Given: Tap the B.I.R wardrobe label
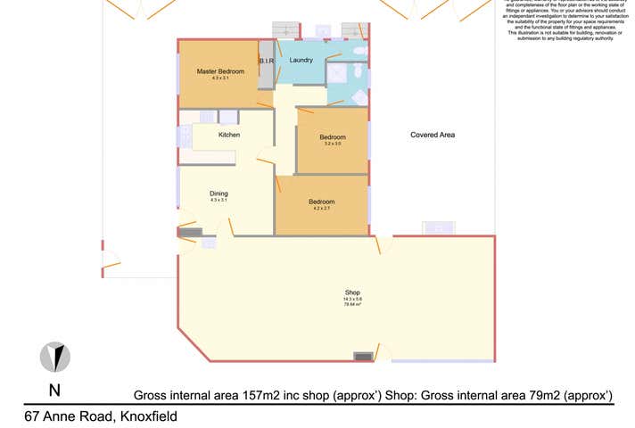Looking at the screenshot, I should [x=266, y=61].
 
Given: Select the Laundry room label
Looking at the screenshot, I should [x=301, y=60].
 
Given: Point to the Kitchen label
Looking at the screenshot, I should [x=229, y=135].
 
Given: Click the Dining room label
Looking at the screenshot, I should [x=219, y=193].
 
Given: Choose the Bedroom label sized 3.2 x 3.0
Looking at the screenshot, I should [x=333, y=136].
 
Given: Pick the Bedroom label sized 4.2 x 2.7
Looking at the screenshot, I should [x=322, y=202].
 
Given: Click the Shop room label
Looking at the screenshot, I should [x=351, y=292].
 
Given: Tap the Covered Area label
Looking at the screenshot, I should [x=433, y=135].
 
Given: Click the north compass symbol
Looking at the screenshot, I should [x=55, y=358].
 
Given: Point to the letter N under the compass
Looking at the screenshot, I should [x=54, y=390].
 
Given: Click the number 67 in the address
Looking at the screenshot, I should [x=33, y=416].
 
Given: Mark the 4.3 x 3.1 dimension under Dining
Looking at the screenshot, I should [x=219, y=201].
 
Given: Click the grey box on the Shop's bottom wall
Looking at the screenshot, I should [x=363, y=356].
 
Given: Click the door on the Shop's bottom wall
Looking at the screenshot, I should [x=382, y=353].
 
